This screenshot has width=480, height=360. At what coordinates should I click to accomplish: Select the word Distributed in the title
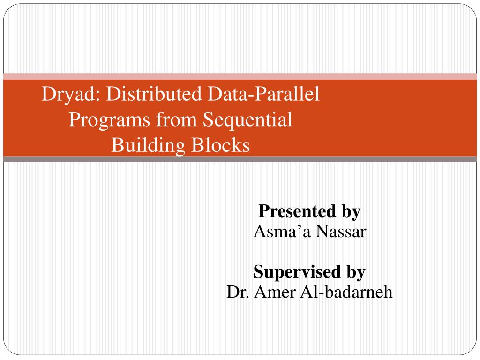pyautogui.click(x=154, y=93)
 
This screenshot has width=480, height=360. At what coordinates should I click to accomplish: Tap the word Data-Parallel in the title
pyautogui.click(x=263, y=93)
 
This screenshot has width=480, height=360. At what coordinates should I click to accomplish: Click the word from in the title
pyautogui.click(x=176, y=119)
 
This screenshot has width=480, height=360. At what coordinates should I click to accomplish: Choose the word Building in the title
pyautogui.click(x=148, y=146)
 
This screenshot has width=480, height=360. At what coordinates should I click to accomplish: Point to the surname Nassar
pyautogui.click(x=341, y=232)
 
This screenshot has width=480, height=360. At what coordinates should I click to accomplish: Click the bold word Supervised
pyautogui.click(x=297, y=272)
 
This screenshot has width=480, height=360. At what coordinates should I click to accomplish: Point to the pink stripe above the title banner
pyautogui.click(x=240, y=76)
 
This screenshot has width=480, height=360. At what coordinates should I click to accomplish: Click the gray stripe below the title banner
pyautogui.click(x=240, y=159)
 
